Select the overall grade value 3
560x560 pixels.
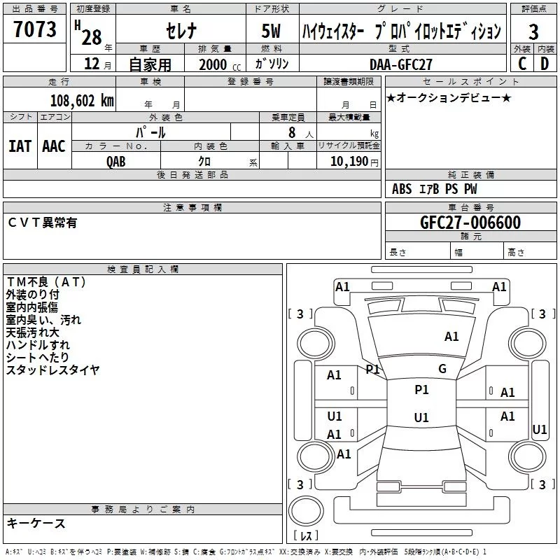(533, 32)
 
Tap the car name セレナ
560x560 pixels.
(180, 31)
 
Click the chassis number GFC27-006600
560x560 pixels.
(470, 223)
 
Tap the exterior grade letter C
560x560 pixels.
(522, 64)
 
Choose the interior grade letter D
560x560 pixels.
(545, 64)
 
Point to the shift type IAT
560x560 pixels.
(20, 146)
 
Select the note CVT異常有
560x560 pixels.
(42, 223)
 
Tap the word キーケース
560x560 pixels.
(36, 523)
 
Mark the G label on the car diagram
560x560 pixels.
(442, 369)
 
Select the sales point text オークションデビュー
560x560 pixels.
(449, 98)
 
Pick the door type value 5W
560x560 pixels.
(272, 31)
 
